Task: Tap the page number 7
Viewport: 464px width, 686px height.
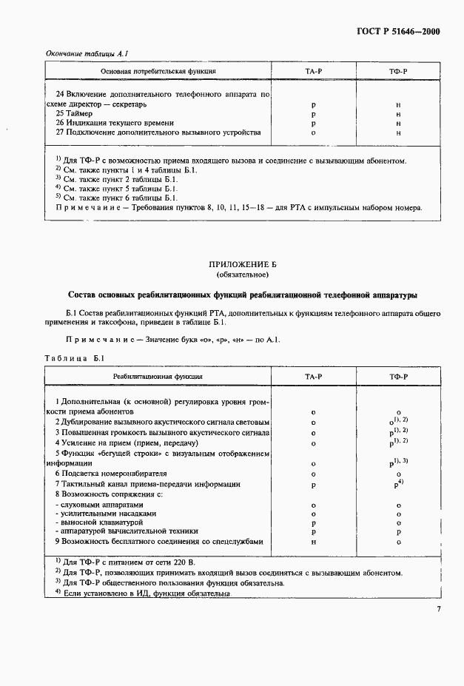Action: [x=438, y=608]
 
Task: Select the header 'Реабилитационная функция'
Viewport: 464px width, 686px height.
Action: [x=158, y=377]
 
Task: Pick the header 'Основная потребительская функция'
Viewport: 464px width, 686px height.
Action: [x=158, y=72]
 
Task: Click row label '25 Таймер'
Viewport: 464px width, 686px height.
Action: [x=74, y=114]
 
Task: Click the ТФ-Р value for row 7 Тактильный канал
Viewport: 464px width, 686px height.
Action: [x=398, y=484]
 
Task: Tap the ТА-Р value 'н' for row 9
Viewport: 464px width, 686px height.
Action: [x=314, y=542]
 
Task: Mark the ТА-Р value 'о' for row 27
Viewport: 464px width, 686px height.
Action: [x=314, y=133]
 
